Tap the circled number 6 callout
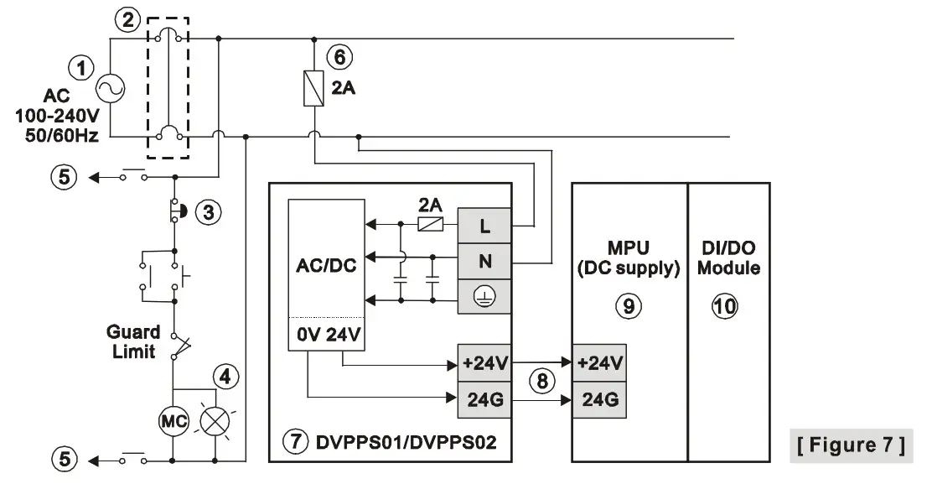[x=339, y=57]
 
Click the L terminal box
[x=484, y=226]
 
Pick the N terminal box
[x=484, y=262]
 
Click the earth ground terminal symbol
[x=484, y=297]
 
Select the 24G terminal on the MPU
[x=599, y=400]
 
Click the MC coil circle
[x=172, y=420]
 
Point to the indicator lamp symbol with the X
[x=216, y=420]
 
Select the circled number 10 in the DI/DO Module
[x=726, y=306]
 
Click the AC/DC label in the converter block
[x=327, y=266]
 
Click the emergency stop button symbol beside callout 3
[x=178, y=211]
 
